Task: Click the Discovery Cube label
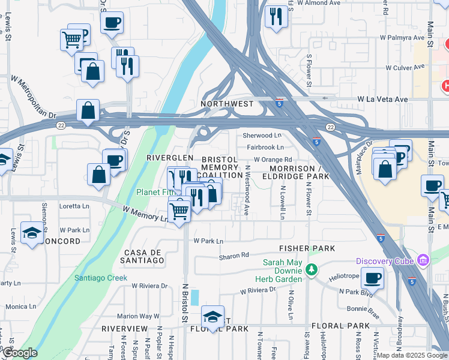pos(385,260)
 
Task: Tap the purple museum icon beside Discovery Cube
pos(423,260)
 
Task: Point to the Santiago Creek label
pos(101,278)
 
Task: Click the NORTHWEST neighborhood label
pos(227,104)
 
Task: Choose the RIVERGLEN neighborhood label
pos(170,157)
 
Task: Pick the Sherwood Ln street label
pos(262,136)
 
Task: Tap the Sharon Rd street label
pos(234,256)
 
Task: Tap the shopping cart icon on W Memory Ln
pos(179,210)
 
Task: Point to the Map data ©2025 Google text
pos(412,355)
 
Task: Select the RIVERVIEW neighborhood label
pos(124,329)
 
